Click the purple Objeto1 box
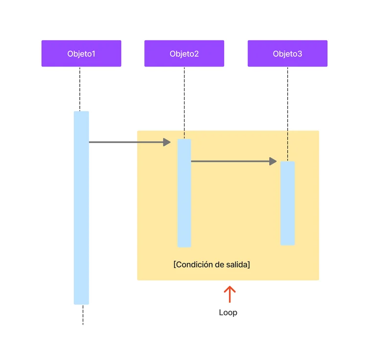81,53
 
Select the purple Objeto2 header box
184,53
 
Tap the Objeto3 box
287,53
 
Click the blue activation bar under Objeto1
81,208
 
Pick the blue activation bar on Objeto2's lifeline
184,193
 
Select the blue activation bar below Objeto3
287,203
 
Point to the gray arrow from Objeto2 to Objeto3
230,161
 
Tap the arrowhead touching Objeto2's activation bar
167,142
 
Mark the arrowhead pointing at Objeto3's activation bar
273,161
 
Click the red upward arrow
229,294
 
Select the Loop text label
228,313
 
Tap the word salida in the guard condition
237,265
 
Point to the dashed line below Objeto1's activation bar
83,315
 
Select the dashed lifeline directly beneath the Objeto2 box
184,98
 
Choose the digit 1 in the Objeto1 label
93,53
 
